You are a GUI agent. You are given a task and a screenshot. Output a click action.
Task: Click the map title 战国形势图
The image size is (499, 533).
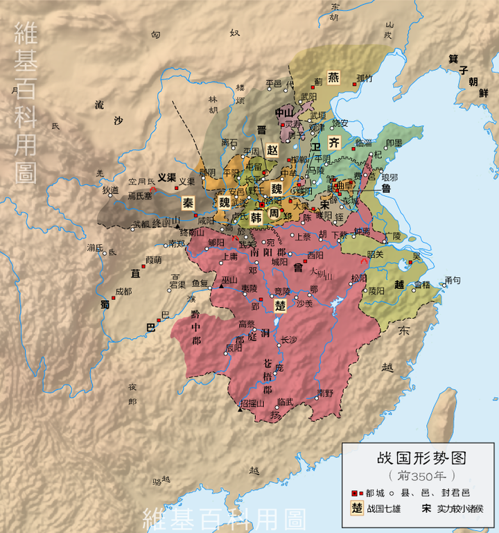[x=420, y=458]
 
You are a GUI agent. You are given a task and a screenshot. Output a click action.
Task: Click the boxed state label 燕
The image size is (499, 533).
[x=334, y=77]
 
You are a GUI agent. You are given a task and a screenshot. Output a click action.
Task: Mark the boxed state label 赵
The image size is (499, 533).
[x=272, y=149]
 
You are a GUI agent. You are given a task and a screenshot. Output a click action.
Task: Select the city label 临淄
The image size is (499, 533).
[x=365, y=142]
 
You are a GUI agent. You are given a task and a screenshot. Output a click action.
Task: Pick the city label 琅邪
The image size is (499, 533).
[x=389, y=177]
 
